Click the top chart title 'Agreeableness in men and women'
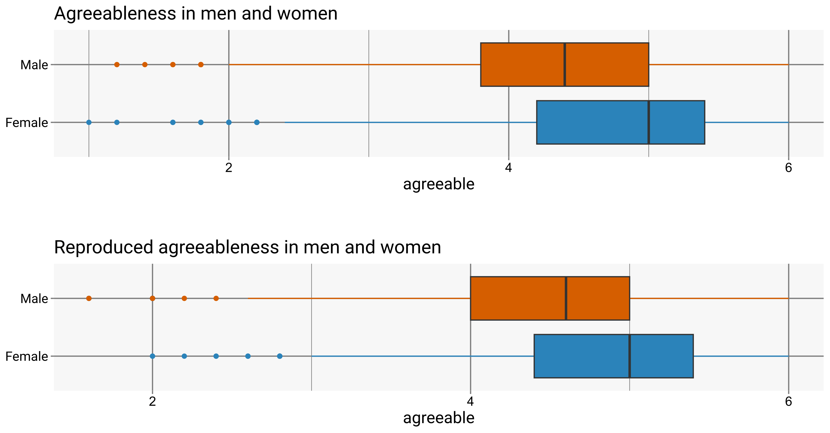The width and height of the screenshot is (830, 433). pyautogui.click(x=196, y=14)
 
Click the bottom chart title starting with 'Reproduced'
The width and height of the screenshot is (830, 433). pyautogui.click(x=247, y=247)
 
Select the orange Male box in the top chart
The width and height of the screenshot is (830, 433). pyautogui.click(x=522, y=64)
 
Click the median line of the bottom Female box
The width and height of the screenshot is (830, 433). pyautogui.click(x=629, y=356)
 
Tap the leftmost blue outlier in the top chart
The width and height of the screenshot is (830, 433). pyautogui.click(x=89, y=122)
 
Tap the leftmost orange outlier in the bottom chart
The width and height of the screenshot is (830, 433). pyautogui.click(x=89, y=298)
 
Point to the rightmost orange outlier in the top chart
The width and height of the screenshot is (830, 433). pyautogui.click(x=201, y=64)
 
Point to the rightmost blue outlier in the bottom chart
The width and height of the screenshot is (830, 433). pyautogui.click(x=280, y=356)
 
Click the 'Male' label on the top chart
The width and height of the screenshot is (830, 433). pyautogui.click(x=34, y=65)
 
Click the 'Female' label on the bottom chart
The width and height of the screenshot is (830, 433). pyautogui.click(x=27, y=357)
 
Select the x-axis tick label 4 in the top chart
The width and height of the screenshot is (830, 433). pyautogui.click(x=509, y=168)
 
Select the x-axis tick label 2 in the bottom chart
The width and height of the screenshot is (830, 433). pyautogui.click(x=152, y=401)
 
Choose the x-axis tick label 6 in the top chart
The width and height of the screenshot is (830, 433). pyautogui.click(x=788, y=168)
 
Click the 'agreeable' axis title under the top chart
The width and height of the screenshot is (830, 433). pyautogui.click(x=439, y=184)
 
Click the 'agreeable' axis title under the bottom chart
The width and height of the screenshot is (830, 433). pyautogui.click(x=439, y=418)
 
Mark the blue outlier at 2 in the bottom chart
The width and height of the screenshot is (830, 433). pyautogui.click(x=152, y=356)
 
